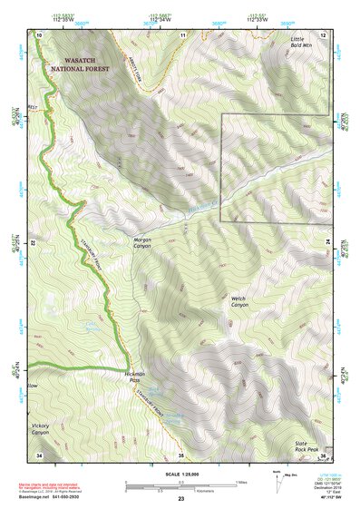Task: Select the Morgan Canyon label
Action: pos(136,244)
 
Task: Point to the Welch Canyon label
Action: pos(238,301)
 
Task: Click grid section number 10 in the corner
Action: pos(40,34)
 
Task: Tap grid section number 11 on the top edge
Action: pos(182,34)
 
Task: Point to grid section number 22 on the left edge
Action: pos(34,244)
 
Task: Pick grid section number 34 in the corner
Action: pos(39,454)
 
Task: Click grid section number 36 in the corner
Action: pos(324,454)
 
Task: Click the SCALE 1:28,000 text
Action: pos(180,475)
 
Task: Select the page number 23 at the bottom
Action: pos(180,500)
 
